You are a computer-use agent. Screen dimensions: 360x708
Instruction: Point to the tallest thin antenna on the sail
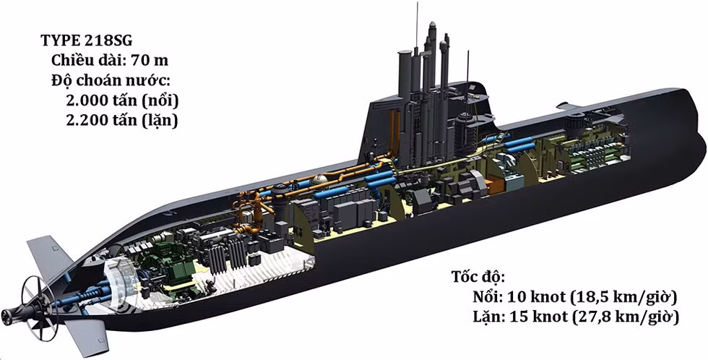417,29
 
